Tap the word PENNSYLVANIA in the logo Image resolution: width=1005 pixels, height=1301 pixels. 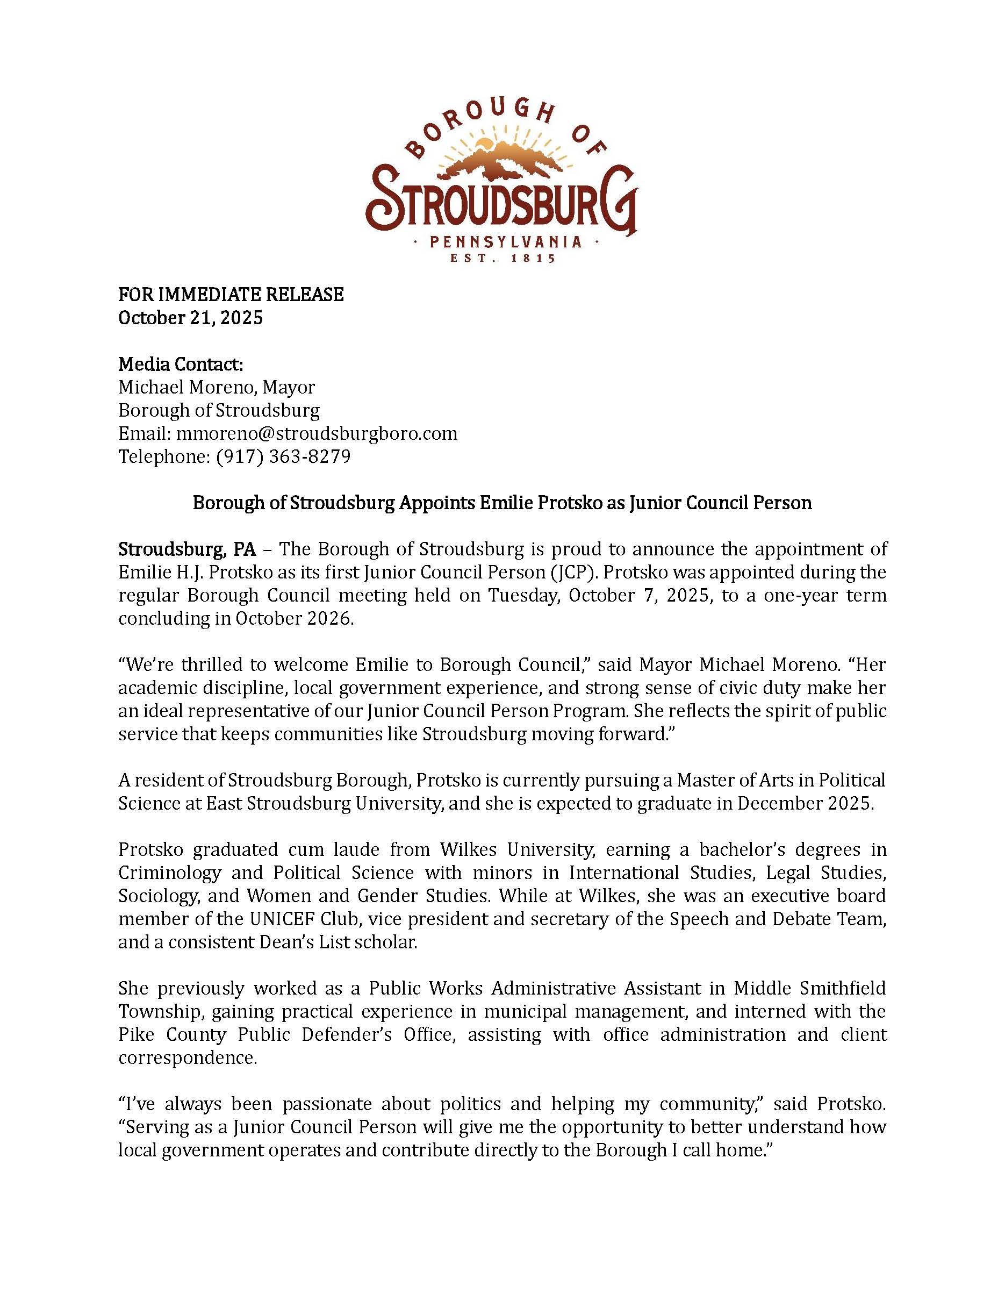tap(506, 242)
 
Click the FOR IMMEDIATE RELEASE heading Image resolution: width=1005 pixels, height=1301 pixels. tap(231, 294)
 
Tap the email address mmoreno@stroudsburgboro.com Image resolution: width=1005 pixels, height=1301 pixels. tap(317, 433)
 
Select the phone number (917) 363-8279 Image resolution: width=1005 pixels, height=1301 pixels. tap(283, 456)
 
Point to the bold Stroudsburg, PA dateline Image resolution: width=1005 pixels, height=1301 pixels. tap(187, 549)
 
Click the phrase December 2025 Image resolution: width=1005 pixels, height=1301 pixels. tap(805, 804)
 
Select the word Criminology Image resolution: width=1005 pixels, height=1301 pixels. tap(169, 873)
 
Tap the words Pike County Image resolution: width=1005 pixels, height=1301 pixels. tap(172, 1035)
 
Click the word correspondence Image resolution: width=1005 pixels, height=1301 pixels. tap(187, 1058)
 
